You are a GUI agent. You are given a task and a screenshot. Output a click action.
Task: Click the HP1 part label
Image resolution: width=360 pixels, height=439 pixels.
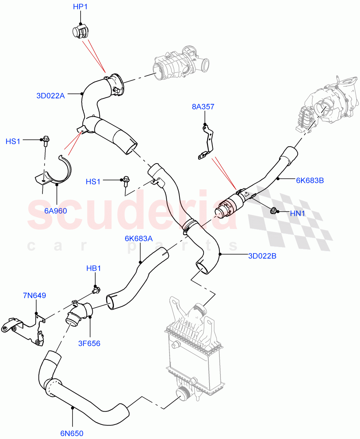(80, 7)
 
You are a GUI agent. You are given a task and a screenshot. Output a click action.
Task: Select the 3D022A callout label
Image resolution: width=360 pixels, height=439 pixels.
(51, 96)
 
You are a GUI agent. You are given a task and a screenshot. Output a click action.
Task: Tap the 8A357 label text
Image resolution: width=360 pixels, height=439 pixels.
(203, 107)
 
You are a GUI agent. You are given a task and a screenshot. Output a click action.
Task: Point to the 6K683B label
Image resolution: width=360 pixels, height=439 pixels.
(310, 180)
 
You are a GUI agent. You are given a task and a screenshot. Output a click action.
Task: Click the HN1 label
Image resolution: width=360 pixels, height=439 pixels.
(297, 213)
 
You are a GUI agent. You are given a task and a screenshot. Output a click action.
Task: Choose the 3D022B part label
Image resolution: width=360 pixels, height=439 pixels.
(262, 256)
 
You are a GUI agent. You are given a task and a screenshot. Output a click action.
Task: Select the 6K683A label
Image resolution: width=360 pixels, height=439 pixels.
(138, 239)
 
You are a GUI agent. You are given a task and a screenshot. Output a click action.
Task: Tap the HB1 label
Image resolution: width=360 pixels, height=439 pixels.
(93, 268)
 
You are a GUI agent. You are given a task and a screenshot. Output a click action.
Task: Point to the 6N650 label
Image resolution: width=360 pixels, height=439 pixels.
(72, 434)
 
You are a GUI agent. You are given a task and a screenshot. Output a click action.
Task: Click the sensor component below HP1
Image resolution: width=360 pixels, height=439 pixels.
(79, 33)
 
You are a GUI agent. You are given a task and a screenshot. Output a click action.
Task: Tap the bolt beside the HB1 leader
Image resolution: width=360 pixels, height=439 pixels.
(96, 290)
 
